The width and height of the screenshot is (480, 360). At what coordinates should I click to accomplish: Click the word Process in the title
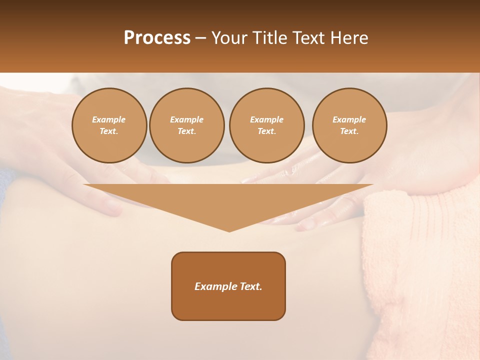[x=157, y=38]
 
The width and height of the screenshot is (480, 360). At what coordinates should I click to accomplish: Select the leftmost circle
[x=109, y=125]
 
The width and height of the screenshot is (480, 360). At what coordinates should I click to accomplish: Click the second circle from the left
[x=186, y=125]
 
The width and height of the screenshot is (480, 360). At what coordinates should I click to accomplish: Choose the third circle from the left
[x=266, y=125]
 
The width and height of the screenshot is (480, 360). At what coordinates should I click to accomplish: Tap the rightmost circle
[x=349, y=125]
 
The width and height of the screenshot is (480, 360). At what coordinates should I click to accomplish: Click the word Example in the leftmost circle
[x=109, y=119]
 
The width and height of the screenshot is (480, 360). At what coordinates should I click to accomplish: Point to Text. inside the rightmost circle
[x=349, y=131]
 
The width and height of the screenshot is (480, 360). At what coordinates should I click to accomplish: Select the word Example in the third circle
[x=266, y=119]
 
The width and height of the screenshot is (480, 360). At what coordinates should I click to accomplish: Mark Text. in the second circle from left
[x=186, y=131]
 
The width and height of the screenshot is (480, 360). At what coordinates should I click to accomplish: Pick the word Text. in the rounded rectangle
[x=250, y=286]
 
